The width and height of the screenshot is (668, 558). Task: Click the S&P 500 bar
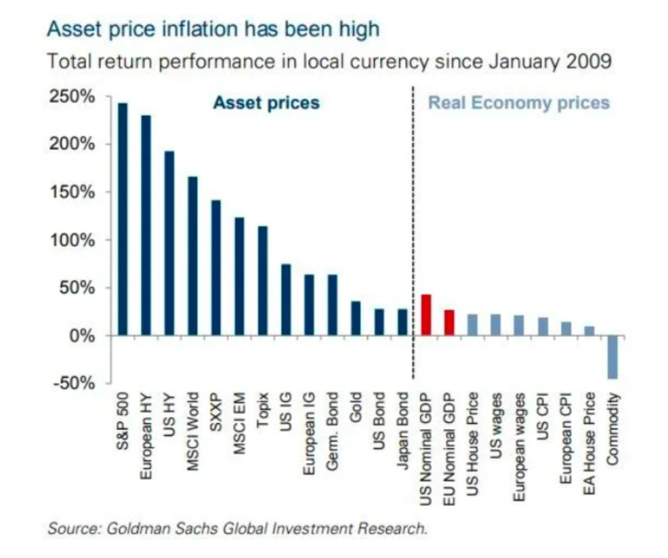click(x=123, y=218)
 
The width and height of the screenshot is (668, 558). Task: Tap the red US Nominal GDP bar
click(x=426, y=315)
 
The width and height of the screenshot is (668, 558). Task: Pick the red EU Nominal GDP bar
click(x=450, y=322)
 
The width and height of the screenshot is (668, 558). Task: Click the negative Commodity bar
click(x=613, y=357)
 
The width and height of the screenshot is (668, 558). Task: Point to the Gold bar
click(x=356, y=318)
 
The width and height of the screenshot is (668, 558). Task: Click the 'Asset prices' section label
click(x=266, y=103)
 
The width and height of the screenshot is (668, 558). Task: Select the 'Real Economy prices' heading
click(x=518, y=103)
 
